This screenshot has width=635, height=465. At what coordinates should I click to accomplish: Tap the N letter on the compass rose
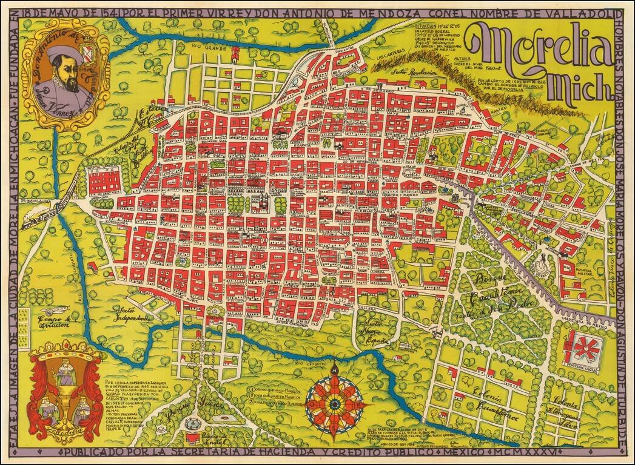(334, 366)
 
